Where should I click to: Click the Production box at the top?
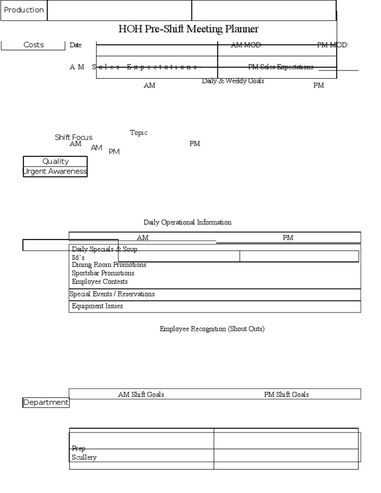click(x=24, y=10)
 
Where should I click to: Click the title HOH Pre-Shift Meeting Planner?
click(x=189, y=29)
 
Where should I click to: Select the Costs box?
click(x=33, y=45)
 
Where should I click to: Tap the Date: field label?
click(x=75, y=45)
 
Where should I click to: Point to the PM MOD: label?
click(x=332, y=45)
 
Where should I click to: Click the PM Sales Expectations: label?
click(x=281, y=67)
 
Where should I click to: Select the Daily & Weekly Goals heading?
click(x=233, y=81)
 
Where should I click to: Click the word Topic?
click(x=138, y=133)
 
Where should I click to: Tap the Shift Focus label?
click(x=73, y=137)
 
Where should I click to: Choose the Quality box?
click(x=56, y=161)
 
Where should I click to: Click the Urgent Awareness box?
click(x=55, y=172)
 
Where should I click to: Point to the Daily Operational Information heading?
click(x=188, y=222)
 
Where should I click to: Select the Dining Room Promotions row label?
click(x=109, y=265)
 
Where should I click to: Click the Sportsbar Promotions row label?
click(x=103, y=273)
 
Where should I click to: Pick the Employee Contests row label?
click(x=100, y=282)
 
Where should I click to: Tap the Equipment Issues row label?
click(x=97, y=306)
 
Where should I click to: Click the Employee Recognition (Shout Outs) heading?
click(x=212, y=329)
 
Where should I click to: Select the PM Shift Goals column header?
click(x=286, y=394)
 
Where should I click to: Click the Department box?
click(x=46, y=403)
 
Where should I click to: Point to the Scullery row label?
click(x=84, y=457)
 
